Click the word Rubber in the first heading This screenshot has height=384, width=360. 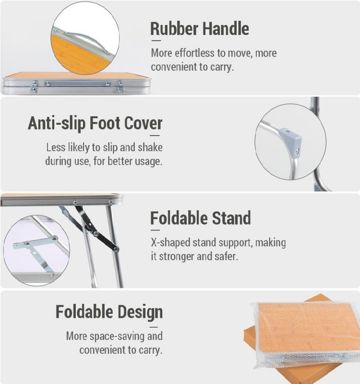click(174, 29)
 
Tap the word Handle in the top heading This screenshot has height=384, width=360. click(226, 29)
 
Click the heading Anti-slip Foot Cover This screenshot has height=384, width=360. click(95, 123)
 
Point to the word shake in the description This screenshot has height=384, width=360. click(150, 147)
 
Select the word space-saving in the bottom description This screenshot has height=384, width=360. click(118, 336)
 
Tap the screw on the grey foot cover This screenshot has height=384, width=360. click(297, 152)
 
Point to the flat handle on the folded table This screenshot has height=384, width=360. click(77, 84)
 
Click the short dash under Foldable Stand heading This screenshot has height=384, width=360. click(155, 230)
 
